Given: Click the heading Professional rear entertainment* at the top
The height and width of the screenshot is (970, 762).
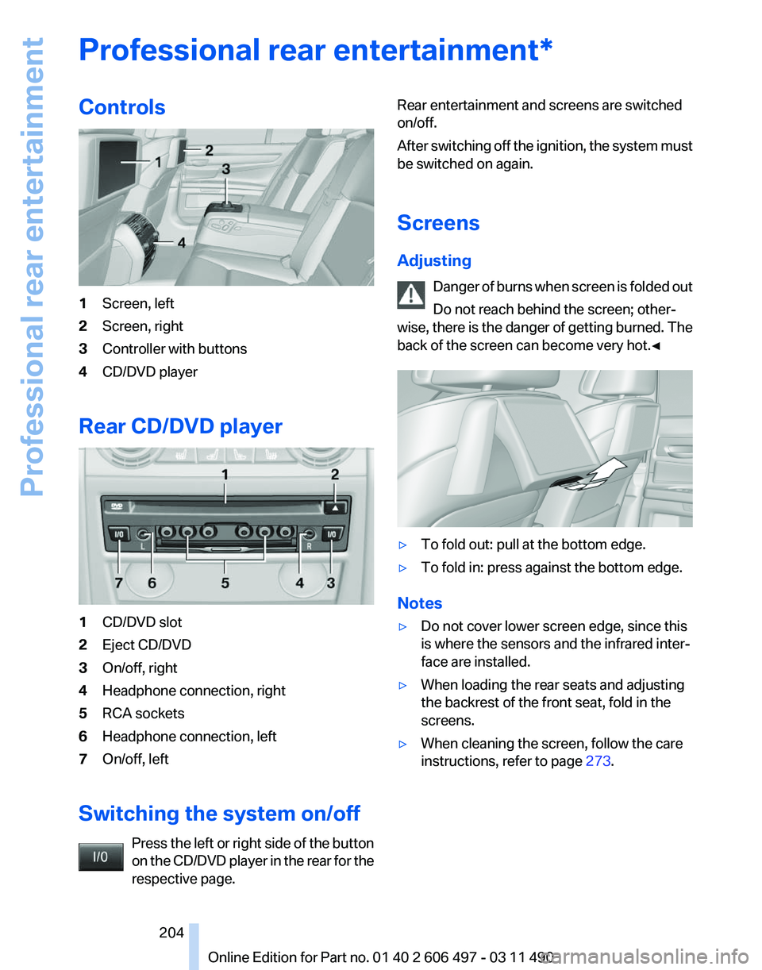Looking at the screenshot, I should [315, 50].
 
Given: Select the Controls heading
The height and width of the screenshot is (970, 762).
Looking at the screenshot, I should [122, 107].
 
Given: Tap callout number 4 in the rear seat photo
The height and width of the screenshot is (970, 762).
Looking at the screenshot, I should [182, 244].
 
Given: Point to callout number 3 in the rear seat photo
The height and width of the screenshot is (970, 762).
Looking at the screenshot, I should [226, 168].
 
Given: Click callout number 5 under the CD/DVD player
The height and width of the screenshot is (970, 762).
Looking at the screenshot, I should [225, 583].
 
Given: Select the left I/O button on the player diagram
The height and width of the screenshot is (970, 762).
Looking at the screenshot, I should [120, 534].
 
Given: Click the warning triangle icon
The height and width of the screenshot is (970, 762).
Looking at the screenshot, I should [411, 295].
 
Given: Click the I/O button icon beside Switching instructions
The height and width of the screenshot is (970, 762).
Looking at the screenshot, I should [101, 857].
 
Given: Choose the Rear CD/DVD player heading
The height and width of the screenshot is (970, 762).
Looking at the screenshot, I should [180, 426].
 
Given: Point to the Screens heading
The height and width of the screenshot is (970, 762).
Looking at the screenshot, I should [438, 223].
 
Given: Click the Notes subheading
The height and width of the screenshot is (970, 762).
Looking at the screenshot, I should [420, 603].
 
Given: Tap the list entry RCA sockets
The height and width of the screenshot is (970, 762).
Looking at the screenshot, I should [143, 713].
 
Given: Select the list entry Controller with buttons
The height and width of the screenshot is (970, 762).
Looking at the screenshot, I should [174, 348].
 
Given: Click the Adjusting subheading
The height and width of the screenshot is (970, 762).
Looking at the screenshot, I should [433, 260].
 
